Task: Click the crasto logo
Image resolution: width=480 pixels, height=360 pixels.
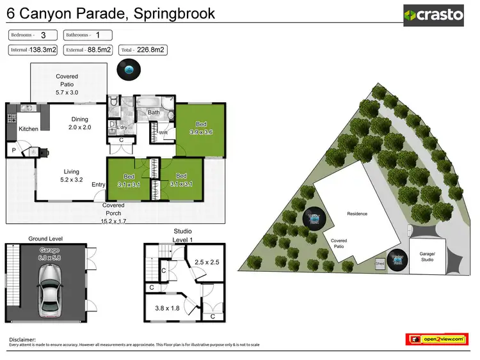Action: pos(434,15)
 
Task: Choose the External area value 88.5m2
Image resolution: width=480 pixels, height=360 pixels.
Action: pos(99,49)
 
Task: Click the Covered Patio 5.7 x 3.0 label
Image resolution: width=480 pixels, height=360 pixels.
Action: pos(67,84)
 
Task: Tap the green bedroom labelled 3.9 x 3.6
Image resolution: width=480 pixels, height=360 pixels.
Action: pos(201,128)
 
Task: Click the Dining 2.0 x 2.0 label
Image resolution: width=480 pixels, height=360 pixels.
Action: pos(80,123)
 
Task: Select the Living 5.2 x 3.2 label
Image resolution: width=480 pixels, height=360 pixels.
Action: pos(71,175)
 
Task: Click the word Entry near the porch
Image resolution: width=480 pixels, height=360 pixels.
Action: pos(99,185)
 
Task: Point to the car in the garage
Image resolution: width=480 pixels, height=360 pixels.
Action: pos(49,290)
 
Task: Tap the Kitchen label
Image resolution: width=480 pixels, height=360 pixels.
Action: pos(28,129)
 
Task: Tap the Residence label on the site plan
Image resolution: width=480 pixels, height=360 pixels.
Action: pos(356,214)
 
